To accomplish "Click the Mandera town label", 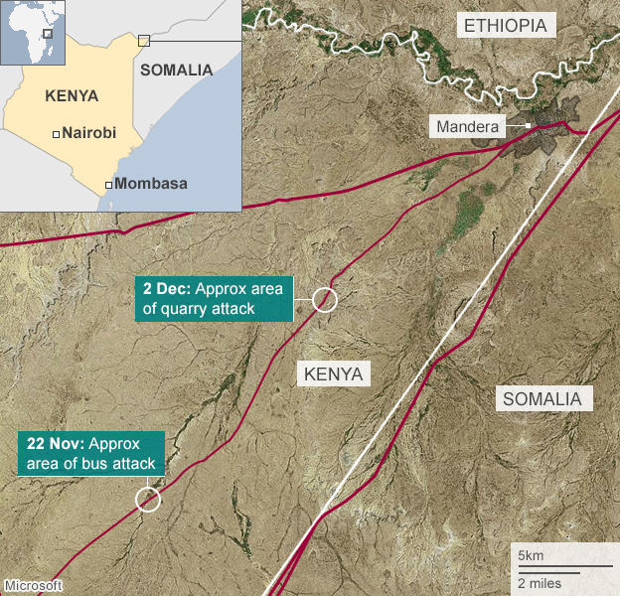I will (467, 126).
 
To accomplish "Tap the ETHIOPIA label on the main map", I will (506, 26).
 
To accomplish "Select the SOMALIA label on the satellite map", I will (546, 399).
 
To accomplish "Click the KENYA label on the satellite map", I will (334, 374).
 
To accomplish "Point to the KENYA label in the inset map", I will (72, 96).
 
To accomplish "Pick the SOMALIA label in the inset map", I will (177, 70).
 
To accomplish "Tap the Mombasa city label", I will (151, 184).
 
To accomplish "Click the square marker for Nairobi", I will (56, 133).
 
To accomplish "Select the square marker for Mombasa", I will (108, 185).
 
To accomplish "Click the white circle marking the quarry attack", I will (324, 299).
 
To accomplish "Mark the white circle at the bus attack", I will (148, 499).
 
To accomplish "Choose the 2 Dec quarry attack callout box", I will (214, 299).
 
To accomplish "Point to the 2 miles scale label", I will (539, 581).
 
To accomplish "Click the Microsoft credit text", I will (33, 585).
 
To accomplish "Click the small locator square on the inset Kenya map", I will (143, 40).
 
